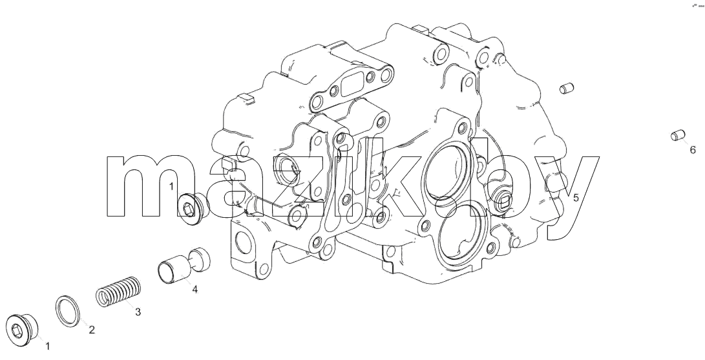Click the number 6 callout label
point(693,150)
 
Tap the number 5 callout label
point(576,197)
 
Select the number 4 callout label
point(195,290)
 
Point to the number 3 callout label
point(138,312)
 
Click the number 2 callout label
point(92,330)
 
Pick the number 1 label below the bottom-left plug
point(48,346)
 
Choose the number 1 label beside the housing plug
point(171,186)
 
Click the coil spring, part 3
point(119,291)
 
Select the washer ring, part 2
point(68,312)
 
